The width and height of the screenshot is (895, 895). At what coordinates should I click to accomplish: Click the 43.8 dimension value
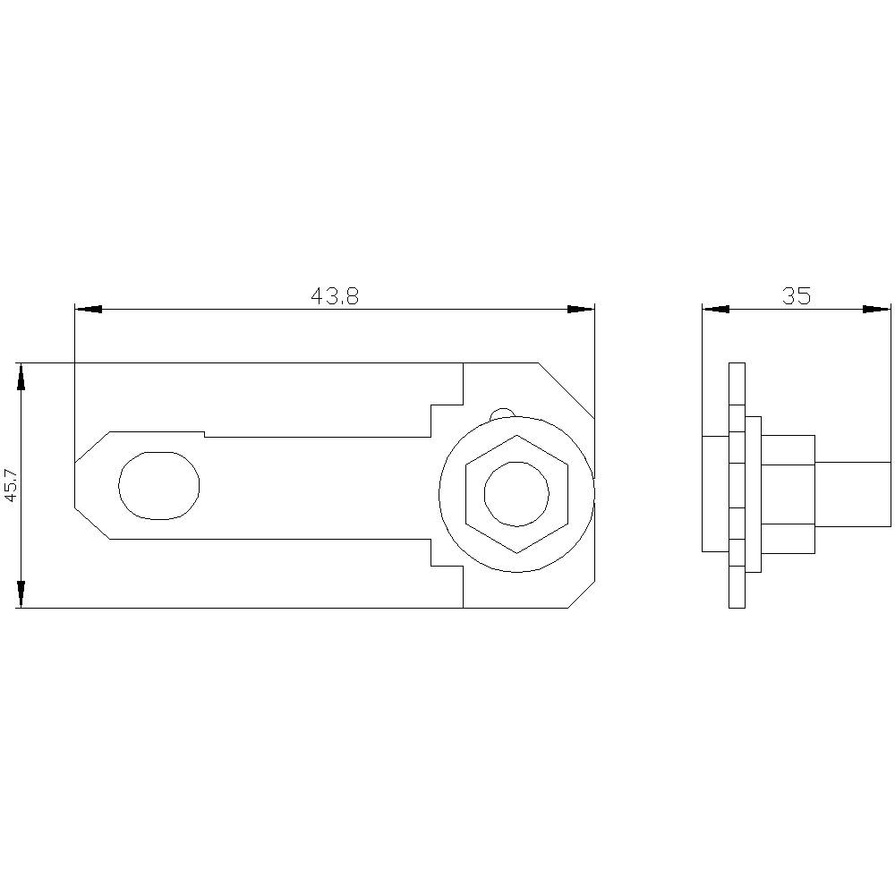[335, 296]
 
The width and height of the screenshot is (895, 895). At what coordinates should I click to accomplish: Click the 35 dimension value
[796, 296]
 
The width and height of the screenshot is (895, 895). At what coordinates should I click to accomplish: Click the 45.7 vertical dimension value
[10, 484]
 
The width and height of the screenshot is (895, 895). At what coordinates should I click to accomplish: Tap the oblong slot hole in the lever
[159, 485]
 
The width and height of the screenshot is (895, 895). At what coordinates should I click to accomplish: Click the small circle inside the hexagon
[516, 493]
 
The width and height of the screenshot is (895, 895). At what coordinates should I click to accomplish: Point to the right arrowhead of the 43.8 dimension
[581, 309]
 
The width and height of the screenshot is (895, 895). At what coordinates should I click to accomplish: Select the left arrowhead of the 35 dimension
[716, 309]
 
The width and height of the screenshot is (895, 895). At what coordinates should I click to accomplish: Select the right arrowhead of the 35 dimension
[877, 309]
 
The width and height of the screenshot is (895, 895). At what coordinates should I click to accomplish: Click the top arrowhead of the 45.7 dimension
[21, 377]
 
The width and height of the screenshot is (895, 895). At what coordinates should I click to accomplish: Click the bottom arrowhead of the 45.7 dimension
[21, 593]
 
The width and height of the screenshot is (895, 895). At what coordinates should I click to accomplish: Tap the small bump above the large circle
[503, 413]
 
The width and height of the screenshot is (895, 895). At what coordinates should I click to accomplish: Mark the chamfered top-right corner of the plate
[566, 390]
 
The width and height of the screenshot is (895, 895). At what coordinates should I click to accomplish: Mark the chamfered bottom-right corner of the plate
[581, 595]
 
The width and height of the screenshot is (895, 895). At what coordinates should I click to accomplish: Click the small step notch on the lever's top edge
[205, 434]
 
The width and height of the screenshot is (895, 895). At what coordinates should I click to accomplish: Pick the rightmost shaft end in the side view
[852, 495]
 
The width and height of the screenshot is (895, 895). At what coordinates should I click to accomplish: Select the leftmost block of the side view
[716, 493]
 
